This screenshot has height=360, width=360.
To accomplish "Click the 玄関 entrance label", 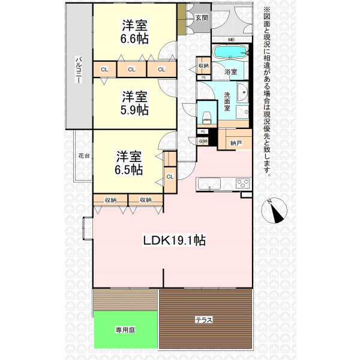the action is [202, 18].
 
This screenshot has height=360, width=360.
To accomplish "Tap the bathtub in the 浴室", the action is [230, 52].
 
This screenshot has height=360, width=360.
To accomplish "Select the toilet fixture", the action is [206, 117].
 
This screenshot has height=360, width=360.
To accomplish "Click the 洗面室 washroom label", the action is [227, 101].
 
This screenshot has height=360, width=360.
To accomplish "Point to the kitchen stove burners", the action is [243, 184].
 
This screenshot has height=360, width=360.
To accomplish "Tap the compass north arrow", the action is [276, 211].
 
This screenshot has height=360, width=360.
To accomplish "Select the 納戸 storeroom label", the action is [236, 143].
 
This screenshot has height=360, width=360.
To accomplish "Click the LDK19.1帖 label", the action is [174, 241].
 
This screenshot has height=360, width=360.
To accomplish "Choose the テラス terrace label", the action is [203, 320].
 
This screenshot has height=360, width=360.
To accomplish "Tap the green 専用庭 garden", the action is [125, 329].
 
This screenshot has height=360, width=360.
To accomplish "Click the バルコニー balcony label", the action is [79, 70].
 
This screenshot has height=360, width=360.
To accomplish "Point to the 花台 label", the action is [84, 156].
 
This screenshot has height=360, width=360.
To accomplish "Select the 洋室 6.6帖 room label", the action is [134, 32].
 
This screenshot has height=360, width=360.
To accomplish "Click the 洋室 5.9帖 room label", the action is [134, 103].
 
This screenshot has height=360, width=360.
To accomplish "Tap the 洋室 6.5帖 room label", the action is [129, 163].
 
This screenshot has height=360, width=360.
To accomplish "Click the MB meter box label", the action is [231, 40].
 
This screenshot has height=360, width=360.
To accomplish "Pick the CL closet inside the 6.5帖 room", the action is [170, 176].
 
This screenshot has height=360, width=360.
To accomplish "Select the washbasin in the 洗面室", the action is [242, 92].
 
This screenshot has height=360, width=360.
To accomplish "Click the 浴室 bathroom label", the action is [230, 71].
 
